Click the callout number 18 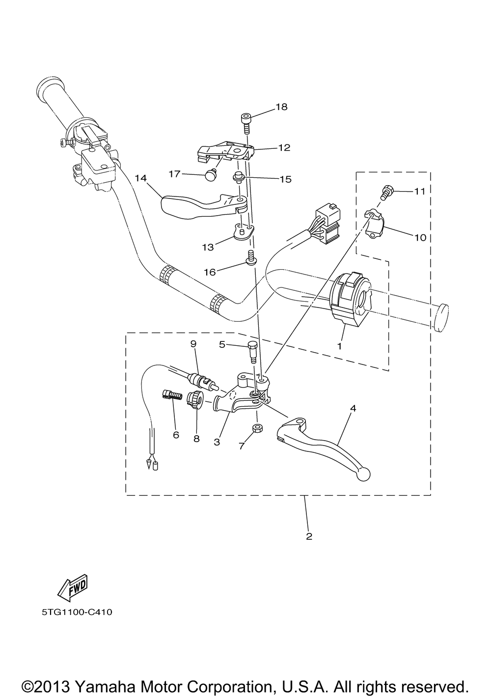click(x=281, y=107)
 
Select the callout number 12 click(x=284, y=147)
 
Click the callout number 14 click(x=141, y=178)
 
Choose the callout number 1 click(x=339, y=346)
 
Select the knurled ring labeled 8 click(x=195, y=399)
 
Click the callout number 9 click(x=193, y=344)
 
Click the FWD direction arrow click(x=72, y=588)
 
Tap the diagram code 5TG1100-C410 click(x=77, y=612)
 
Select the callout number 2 click(x=309, y=536)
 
